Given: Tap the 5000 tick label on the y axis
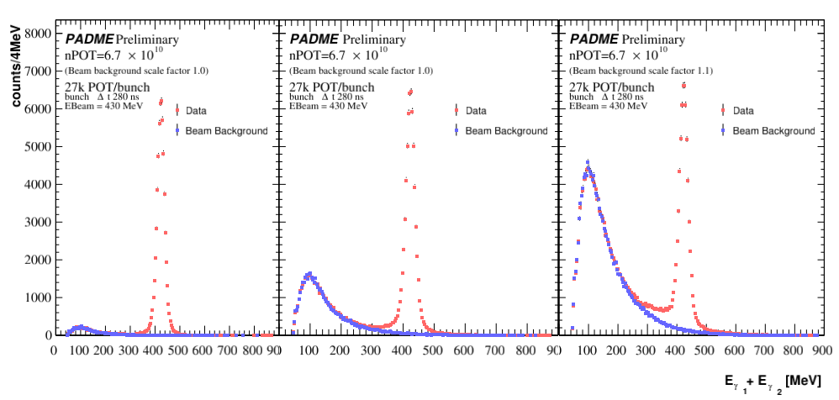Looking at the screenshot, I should click(x=38, y=147).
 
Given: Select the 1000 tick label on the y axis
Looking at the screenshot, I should click(x=38, y=297).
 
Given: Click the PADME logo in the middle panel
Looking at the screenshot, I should click(x=314, y=39).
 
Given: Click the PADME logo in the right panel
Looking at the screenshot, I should click(x=594, y=39).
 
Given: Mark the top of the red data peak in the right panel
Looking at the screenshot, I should click(x=684, y=85).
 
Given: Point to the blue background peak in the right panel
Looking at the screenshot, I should click(x=588, y=162).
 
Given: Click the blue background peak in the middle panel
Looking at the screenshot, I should click(x=309, y=274).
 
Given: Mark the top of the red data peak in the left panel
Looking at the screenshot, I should click(x=161, y=101).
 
